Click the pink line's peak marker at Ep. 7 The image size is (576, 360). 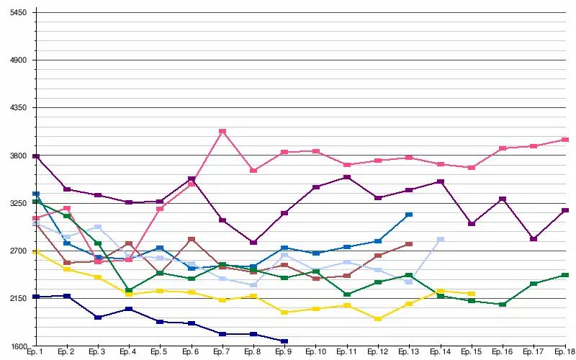(222, 132)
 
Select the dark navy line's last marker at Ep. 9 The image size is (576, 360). (284, 341)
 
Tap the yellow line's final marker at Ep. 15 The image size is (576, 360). (472, 294)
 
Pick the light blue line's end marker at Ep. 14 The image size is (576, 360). (441, 240)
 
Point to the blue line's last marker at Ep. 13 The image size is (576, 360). (409, 215)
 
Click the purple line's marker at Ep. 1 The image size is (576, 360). (36, 156)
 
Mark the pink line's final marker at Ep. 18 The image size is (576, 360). (565, 140)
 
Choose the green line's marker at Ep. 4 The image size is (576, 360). (129, 290)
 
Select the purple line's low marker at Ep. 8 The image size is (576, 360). (253, 243)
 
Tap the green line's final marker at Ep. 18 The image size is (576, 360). (565, 275)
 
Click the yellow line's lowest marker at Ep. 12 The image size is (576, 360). (378, 318)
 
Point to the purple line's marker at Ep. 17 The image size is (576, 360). (534, 239)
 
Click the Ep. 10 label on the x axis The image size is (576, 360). (315, 353)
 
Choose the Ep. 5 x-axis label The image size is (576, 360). (160, 353)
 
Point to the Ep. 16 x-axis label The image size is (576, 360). (503, 353)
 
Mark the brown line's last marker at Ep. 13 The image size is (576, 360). (409, 245)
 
